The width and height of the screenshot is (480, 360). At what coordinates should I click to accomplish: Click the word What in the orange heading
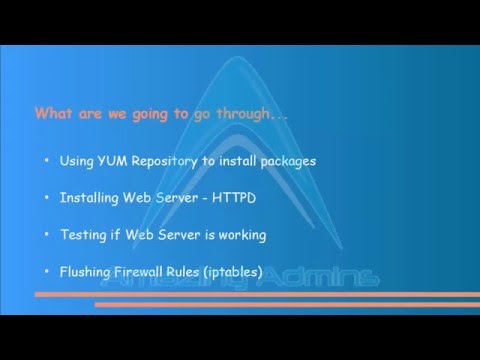(x=53, y=113)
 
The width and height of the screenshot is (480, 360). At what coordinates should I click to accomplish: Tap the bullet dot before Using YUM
(x=46, y=161)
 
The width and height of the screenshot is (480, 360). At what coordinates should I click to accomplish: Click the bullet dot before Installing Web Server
(x=46, y=198)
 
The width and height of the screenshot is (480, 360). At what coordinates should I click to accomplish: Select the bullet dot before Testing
(x=46, y=236)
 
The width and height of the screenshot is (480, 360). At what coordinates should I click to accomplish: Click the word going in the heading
(x=149, y=114)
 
